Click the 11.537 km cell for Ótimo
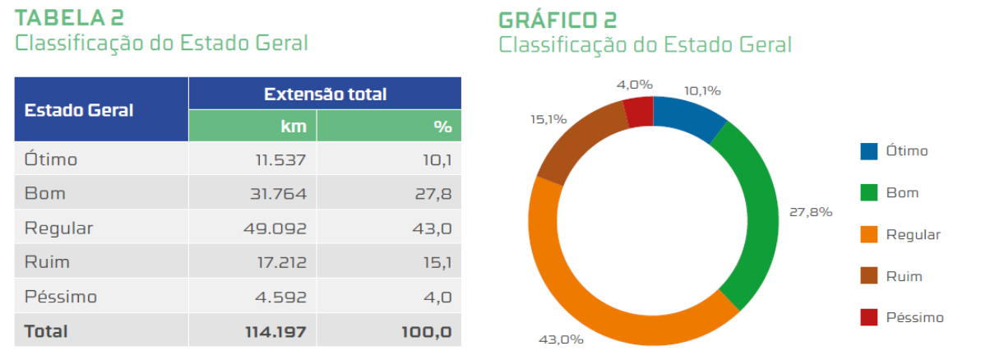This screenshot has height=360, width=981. [280, 159]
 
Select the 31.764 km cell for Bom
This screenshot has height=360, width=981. [280, 193]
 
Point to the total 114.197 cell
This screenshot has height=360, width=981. [275, 331]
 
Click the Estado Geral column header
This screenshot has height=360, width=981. [79, 109]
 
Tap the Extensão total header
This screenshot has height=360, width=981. [325, 94]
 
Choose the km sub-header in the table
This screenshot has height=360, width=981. [293, 126]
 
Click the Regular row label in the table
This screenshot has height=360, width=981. [58, 228]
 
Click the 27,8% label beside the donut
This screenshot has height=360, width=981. [811, 211]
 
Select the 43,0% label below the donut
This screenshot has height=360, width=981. [561, 339]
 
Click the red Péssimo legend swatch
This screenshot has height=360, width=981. [869, 317]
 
